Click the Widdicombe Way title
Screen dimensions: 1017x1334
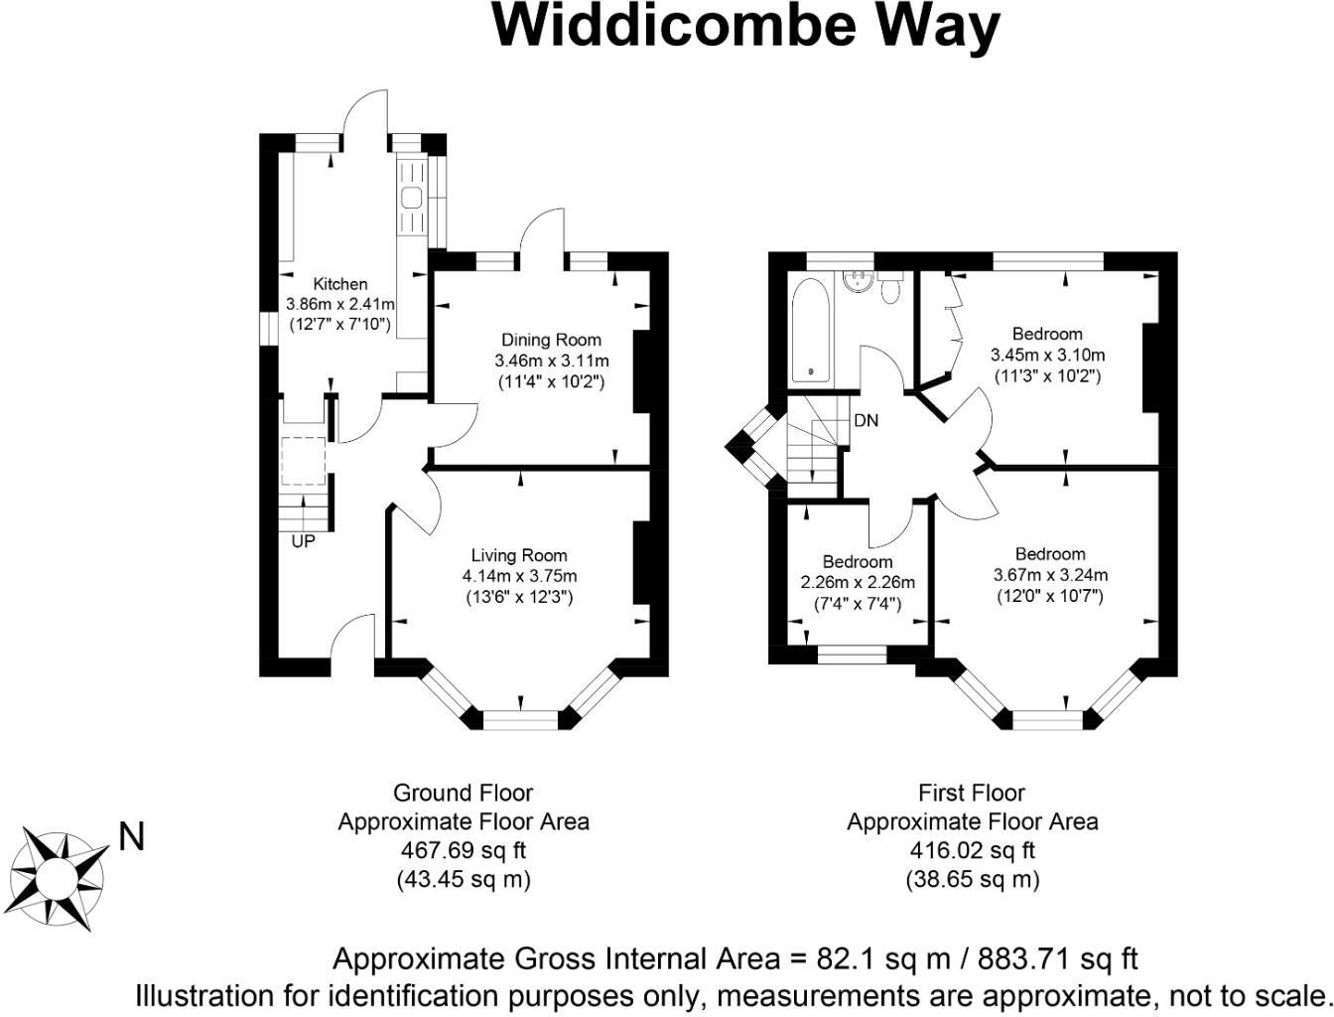745,26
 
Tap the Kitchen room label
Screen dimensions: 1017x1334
340,284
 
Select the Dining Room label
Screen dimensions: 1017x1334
551,340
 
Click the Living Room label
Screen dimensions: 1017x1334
519,556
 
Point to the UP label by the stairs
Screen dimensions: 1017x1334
303,542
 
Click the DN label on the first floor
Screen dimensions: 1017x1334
866,420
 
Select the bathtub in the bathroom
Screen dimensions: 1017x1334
812,332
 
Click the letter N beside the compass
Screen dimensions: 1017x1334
131,837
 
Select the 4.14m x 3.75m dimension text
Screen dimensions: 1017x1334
519,576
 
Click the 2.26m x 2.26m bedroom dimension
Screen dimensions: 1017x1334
858,583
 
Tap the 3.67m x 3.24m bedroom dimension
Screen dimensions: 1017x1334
1050,575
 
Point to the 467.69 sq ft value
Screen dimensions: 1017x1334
463,850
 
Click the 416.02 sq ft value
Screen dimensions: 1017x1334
972,850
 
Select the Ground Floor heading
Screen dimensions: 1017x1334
463,793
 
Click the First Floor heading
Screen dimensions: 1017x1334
972,793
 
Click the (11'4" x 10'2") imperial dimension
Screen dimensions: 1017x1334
551,381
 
